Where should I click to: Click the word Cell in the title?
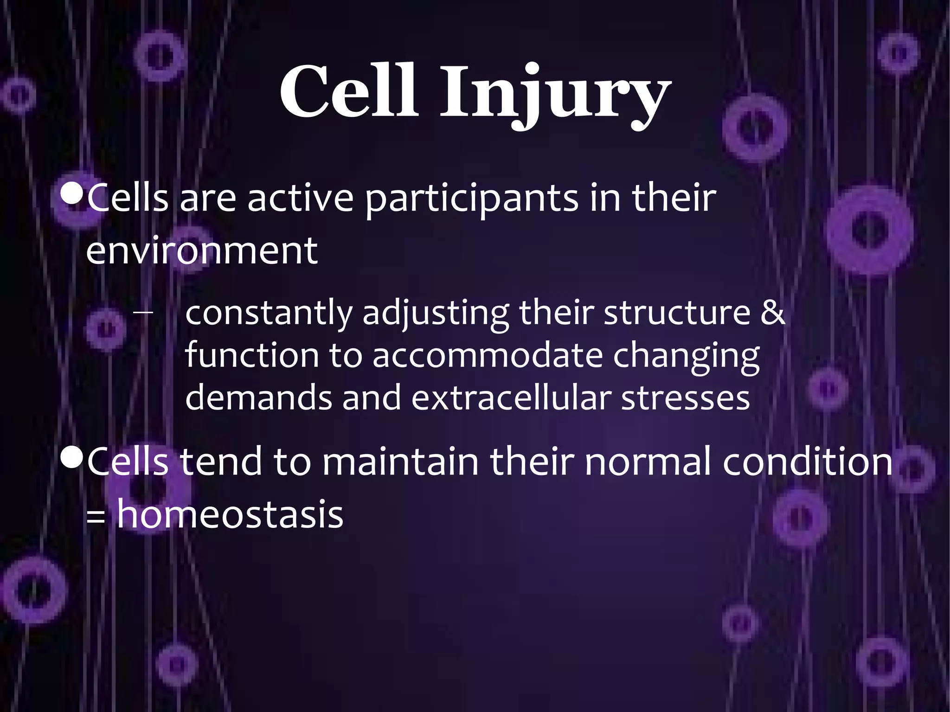pos(349,91)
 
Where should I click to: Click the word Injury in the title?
pos(555,95)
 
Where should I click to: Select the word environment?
pos(202,251)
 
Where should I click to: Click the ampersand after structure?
pos(773,313)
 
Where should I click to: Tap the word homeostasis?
pos(230,514)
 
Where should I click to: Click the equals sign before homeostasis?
pos(96,517)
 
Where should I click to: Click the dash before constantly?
pos(142,312)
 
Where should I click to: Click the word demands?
pos(258,398)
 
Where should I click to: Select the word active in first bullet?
pos(300,199)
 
